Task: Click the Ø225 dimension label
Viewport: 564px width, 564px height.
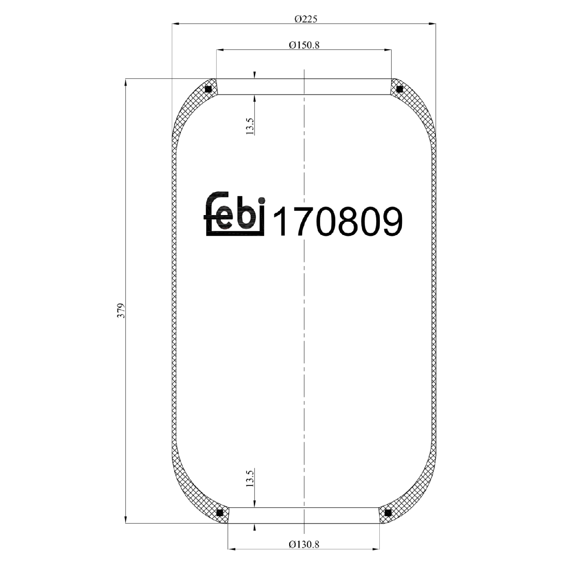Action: tap(305, 19)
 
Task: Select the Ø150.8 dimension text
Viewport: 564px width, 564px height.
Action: tap(304, 45)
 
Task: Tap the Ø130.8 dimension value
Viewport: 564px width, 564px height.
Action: tap(304, 544)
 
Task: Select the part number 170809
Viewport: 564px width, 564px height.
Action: tap(337, 222)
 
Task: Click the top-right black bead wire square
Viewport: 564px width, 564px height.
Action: tap(400, 89)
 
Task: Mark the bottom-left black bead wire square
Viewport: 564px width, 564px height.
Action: tap(220, 512)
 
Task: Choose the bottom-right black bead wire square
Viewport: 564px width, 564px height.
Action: tap(388, 512)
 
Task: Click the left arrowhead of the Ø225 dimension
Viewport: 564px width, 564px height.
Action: tap(175, 24)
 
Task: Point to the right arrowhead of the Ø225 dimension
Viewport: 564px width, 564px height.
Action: tap(433, 24)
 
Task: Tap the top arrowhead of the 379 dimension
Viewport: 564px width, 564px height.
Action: tap(126, 82)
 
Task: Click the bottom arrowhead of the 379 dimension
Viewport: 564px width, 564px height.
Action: tap(126, 520)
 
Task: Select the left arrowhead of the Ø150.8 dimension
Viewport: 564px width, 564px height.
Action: tap(220, 50)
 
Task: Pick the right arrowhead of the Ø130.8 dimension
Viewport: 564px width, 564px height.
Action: tap(376, 549)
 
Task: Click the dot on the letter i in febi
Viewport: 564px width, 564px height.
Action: tap(262, 200)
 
